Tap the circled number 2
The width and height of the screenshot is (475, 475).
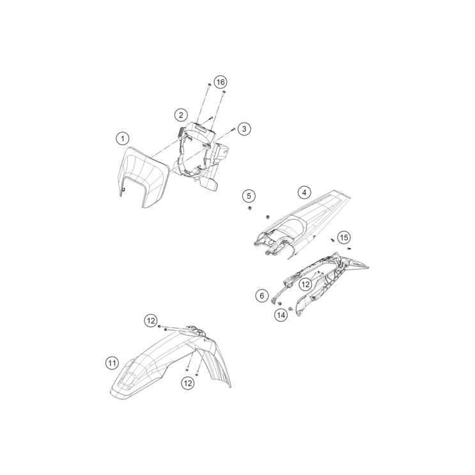pyautogui.click(x=182, y=115)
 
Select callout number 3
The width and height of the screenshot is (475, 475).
pyautogui.click(x=244, y=129)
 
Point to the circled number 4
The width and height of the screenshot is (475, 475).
pyautogui.click(x=304, y=192)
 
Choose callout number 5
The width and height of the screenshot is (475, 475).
pyautogui.click(x=249, y=195)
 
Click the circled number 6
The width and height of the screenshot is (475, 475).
pyautogui.click(x=261, y=295)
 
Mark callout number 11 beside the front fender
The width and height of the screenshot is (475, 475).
pyautogui.click(x=112, y=363)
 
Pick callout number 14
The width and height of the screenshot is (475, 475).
pyautogui.click(x=281, y=315)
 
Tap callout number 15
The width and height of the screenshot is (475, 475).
pyautogui.click(x=344, y=238)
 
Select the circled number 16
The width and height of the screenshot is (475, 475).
pyautogui.click(x=220, y=82)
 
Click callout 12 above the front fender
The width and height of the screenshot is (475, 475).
pyautogui.click(x=150, y=320)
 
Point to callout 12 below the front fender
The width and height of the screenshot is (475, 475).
pyautogui.click(x=187, y=382)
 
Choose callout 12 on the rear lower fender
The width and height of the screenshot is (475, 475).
pyautogui.click(x=306, y=283)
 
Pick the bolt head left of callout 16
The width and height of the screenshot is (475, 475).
pyautogui.click(x=209, y=85)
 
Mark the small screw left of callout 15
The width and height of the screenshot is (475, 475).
pyautogui.click(x=333, y=238)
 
